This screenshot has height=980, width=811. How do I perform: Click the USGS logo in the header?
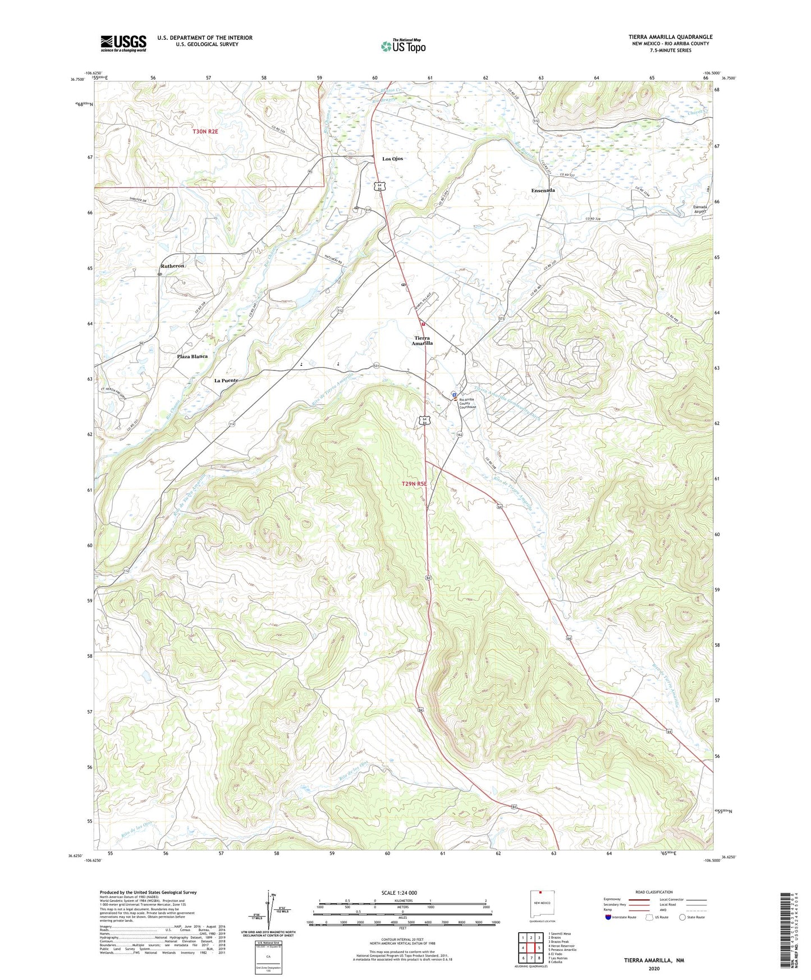(123, 43)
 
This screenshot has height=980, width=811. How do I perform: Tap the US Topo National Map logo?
(403, 45)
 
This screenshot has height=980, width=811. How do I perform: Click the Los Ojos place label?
(392, 159)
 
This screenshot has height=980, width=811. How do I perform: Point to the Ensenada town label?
(543, 190)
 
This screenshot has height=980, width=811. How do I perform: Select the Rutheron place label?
(172, 265)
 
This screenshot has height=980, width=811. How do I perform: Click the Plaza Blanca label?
(192, 356)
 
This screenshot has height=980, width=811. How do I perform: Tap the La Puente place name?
(226, 380)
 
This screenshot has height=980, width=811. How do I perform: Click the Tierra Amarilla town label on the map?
(422, 341)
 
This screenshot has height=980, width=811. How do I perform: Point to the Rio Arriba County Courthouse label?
(468, 403)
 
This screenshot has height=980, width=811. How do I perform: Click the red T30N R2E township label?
(205, 131)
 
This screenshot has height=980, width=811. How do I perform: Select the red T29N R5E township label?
(414, 483)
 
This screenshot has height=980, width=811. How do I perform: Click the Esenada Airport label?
(700, 209)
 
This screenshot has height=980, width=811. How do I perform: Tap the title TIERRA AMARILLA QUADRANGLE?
(670, 37)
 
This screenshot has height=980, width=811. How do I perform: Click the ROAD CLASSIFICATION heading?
(654, 892)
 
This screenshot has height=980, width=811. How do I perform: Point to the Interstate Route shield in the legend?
(608, 918)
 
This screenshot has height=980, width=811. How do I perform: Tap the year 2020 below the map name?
(654, 968)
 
